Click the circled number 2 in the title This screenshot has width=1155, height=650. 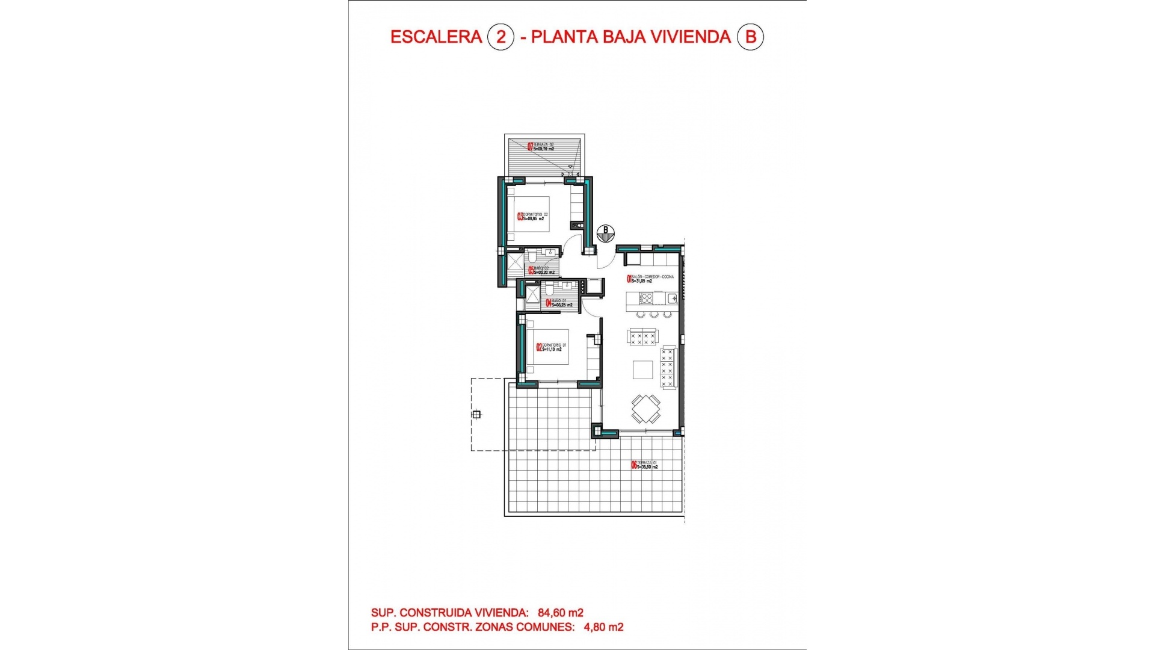(500, 37)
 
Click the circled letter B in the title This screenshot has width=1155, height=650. (750, 37)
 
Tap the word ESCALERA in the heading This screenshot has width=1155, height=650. (436, 37)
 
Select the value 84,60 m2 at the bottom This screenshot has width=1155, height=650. (560, 613)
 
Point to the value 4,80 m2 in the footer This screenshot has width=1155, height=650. (603, 627)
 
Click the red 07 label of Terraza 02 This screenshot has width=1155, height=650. (530, 146)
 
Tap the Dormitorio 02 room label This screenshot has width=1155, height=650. (532, 217)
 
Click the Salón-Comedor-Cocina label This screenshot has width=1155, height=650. (651, 279)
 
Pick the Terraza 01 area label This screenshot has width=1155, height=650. (645, 465)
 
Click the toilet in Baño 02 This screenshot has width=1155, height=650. (532, 258)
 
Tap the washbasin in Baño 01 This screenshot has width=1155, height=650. (567, 286)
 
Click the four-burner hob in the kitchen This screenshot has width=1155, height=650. (645, 298)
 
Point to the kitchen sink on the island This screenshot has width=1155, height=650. (672, 298)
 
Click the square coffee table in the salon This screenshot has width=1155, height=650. (642, 370)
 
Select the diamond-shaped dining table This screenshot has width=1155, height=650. (645, 409)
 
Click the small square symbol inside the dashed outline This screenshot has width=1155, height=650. (476, 414)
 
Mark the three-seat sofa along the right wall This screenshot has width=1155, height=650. (668, 367)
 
